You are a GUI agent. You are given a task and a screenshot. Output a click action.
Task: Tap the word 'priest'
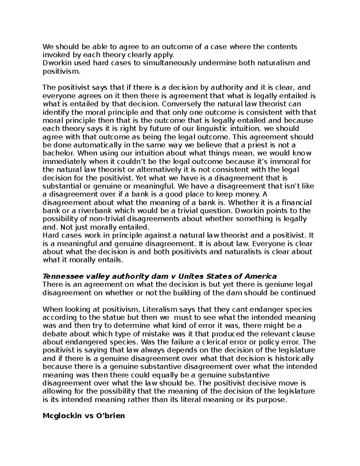260,145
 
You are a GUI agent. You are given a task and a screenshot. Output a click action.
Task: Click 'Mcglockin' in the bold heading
62,416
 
